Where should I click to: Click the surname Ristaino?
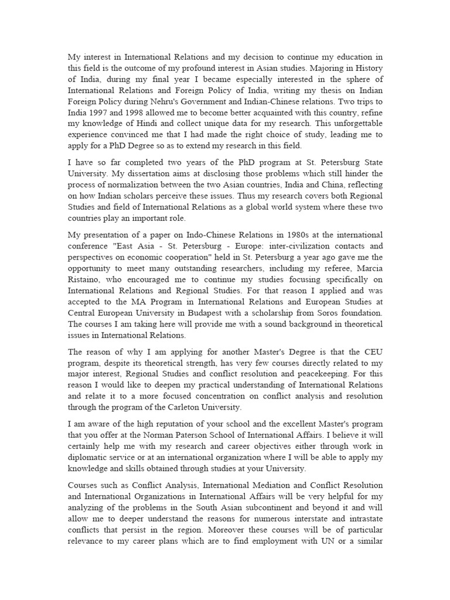(84, 287)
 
